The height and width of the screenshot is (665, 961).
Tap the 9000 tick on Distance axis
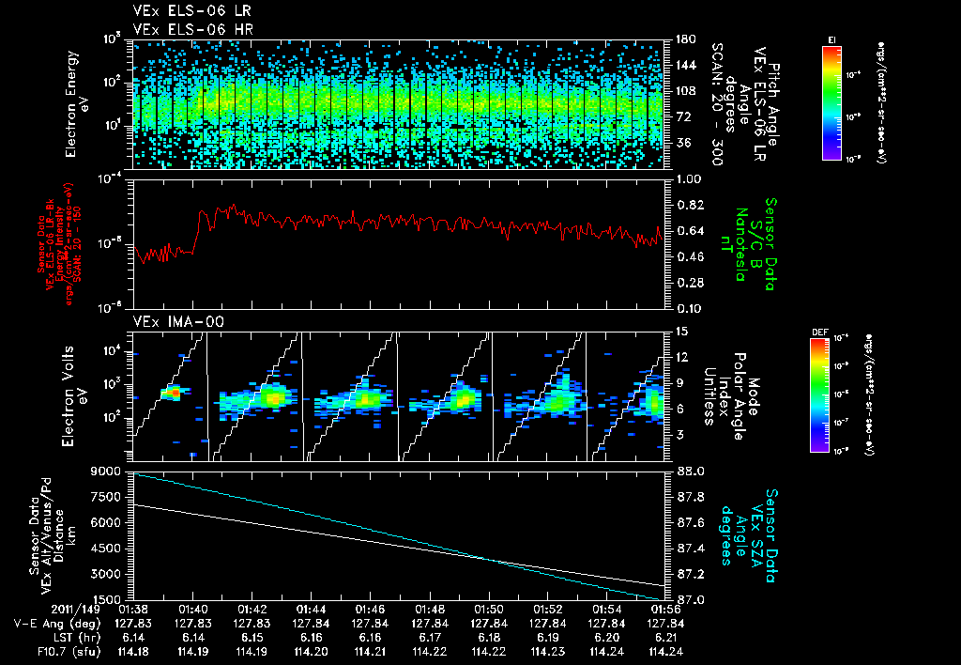109,471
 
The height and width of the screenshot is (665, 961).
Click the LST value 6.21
662,636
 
